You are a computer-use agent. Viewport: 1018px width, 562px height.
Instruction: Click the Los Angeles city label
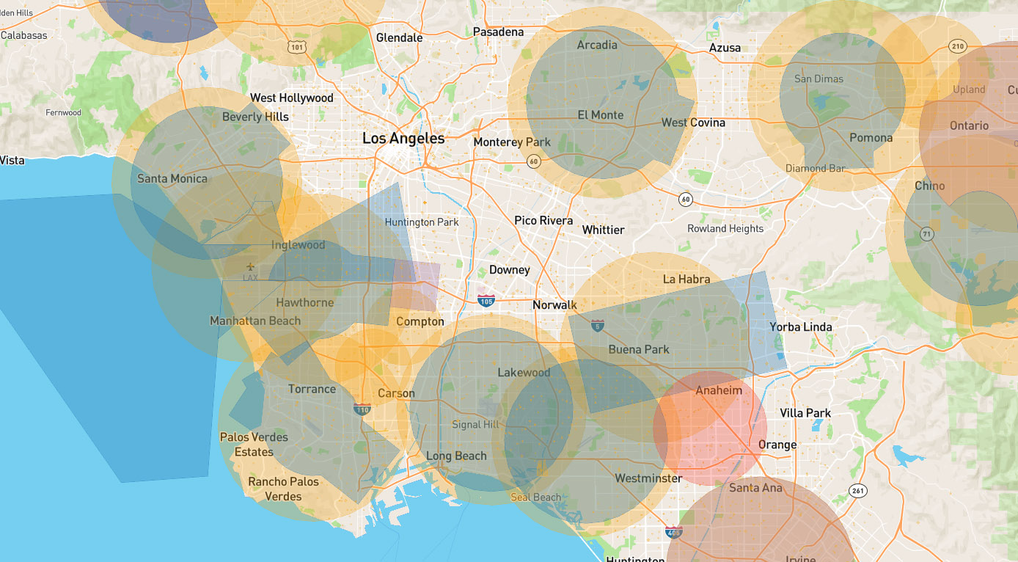(x=403, y=138)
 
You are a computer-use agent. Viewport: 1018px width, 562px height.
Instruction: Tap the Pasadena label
(x=498, y=32)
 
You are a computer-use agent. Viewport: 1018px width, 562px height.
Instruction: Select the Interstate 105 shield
(x=486, y=299)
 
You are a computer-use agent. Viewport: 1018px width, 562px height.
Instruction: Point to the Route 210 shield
(x=957, y=46)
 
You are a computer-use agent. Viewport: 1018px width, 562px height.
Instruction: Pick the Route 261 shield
(x=857, y=489)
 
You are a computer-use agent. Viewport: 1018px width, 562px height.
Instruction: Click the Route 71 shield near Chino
(x=927, y=235)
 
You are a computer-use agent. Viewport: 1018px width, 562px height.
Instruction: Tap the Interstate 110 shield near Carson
(x=362, y=410)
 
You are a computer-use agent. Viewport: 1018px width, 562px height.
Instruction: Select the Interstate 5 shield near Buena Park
(x=598, y=325)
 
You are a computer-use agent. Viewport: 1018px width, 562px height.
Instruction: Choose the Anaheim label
(x=719, y=390)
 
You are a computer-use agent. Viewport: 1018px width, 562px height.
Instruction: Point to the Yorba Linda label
(x=800, y=326)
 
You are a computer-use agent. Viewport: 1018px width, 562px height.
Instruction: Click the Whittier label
(x=603, y=230)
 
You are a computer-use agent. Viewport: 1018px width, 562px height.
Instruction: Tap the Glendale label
(x=399, y=37)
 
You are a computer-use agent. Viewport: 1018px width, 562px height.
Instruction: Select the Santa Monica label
(x=172, y=178)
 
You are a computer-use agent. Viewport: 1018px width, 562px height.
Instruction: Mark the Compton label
(x=420, y=321)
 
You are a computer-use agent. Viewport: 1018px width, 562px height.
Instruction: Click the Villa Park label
(x=805, y=413)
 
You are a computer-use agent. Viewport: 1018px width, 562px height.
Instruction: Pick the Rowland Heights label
(x=725, y=228)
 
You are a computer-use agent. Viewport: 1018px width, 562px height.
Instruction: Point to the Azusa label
(x=725, y=48)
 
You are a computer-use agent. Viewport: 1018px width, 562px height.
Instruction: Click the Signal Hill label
(x=475, y=424)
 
